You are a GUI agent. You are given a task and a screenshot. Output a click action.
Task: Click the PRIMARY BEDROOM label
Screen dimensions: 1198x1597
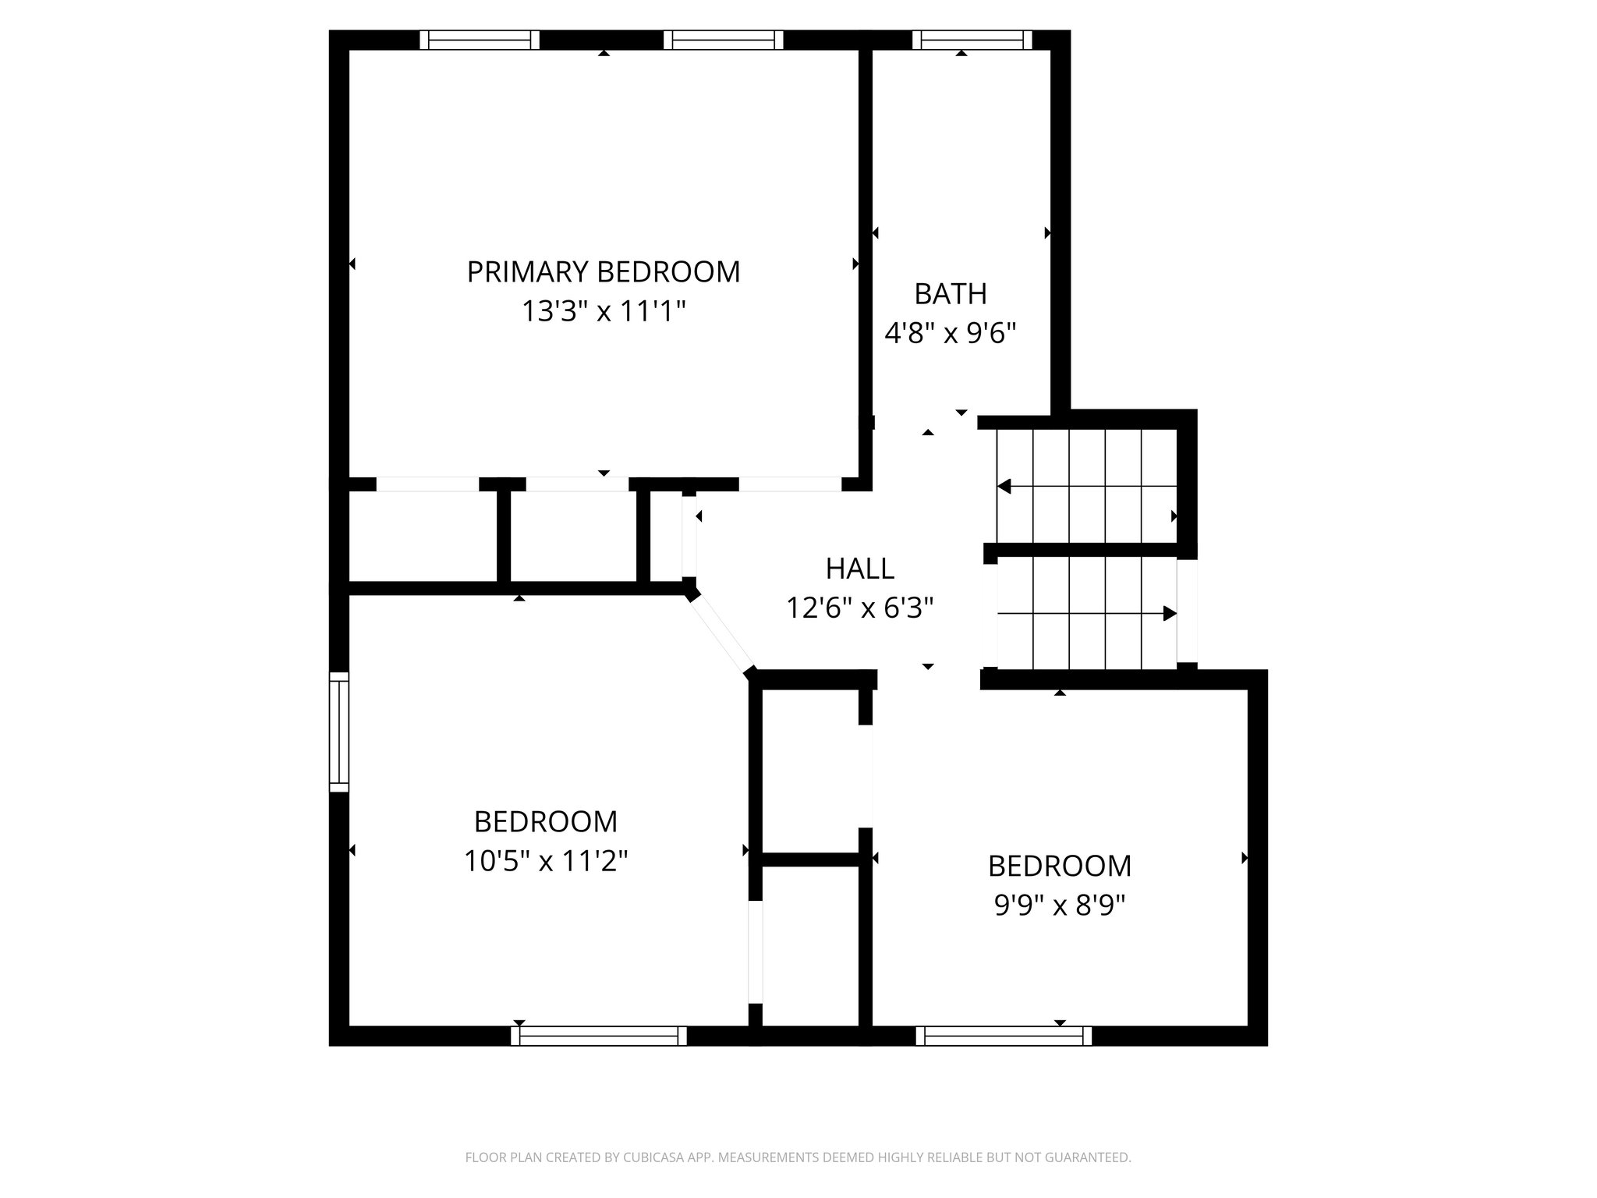[x=603, y=272]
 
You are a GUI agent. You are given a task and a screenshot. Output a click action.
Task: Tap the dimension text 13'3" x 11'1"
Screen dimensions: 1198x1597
[x=603, y=312]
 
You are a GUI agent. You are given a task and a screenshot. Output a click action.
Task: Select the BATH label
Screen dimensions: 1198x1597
[x=951, y=294]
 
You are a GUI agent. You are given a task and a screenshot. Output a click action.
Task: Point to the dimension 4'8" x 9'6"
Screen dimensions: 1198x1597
[x=951, y=334]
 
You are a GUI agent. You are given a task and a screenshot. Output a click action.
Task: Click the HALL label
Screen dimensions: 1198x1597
[x=859, y=569]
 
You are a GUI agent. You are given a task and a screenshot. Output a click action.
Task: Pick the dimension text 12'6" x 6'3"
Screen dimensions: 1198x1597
[x=859, y=608]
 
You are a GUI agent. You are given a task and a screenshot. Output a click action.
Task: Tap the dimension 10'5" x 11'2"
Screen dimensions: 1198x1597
[x=546, y=861]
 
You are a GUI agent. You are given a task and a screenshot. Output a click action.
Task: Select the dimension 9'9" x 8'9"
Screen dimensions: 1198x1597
[x=1060, y=906]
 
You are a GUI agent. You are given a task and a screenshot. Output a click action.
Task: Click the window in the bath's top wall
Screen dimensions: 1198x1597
[x=972, y=40]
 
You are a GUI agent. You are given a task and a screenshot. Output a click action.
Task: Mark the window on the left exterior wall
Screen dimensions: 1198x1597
[x=338, y=732]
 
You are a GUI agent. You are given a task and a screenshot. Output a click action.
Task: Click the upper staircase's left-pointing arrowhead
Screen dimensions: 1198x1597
[x=1004, y=487]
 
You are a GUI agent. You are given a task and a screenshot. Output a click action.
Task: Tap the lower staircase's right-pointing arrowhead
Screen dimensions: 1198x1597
[x=1169, y=614]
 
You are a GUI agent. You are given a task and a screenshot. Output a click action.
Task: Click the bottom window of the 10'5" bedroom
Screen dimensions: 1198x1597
[x=599, y=1036]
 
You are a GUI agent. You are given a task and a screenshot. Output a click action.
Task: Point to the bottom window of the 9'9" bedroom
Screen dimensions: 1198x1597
[x=1004, y=1036]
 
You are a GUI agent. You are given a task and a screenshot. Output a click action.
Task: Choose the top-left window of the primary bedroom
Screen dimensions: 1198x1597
[x=480, y=40]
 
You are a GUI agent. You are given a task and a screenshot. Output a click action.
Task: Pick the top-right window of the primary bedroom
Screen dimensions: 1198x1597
[x=723, y=40]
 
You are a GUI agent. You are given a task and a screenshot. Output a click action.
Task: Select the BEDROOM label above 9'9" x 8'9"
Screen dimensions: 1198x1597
[x=1060, y=866]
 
